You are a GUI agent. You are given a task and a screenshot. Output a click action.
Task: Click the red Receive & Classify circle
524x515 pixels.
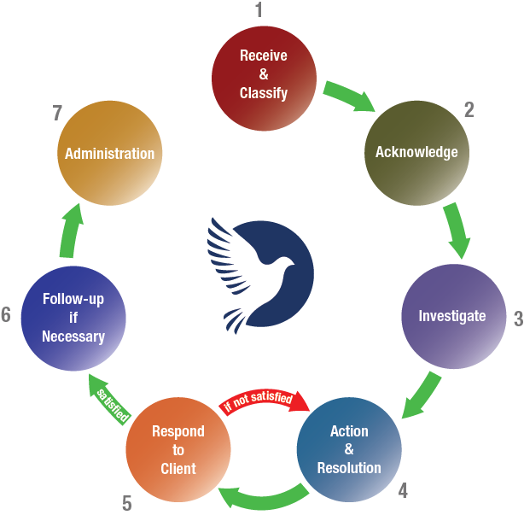pos(263,74)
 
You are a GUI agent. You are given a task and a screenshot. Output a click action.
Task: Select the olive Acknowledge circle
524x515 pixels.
pos(416,152)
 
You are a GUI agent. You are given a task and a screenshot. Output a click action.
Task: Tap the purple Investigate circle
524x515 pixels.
pos(452,316)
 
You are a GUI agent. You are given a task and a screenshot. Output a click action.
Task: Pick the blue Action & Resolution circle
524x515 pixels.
pos(348,449)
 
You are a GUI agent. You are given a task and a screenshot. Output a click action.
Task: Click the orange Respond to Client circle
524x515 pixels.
pos(178,449)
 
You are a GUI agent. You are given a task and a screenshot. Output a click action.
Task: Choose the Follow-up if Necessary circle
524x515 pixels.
pos(73,318)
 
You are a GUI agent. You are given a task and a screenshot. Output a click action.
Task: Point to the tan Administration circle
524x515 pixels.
pos(109,154)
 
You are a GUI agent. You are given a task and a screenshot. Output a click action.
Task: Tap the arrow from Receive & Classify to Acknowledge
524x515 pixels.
pos(349,97)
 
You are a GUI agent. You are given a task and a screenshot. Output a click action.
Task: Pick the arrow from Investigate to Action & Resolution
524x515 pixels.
pos(422,395)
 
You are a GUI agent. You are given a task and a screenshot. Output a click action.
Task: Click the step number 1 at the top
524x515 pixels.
pos(260,11)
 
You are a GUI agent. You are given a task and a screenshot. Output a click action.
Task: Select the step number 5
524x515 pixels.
pos(127,503)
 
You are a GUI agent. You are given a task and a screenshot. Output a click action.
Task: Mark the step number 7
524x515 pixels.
pos(56,113)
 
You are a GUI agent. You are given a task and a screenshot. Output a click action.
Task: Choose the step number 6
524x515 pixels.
pos(6,316)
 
